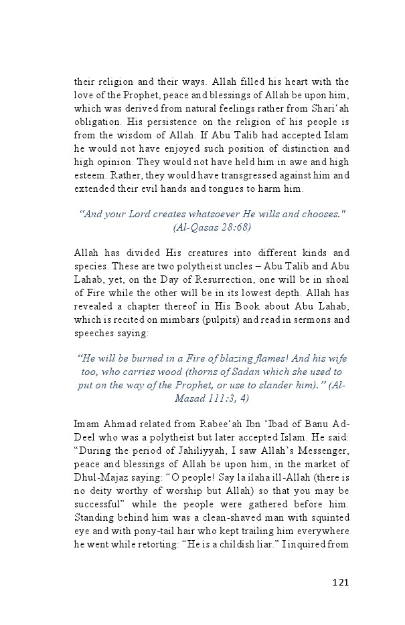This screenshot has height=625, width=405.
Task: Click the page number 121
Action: tap(340, 582)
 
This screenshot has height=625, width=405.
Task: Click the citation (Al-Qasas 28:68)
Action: tap(212, 227)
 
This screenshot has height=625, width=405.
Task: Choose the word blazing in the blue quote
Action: tap(228, 358)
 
